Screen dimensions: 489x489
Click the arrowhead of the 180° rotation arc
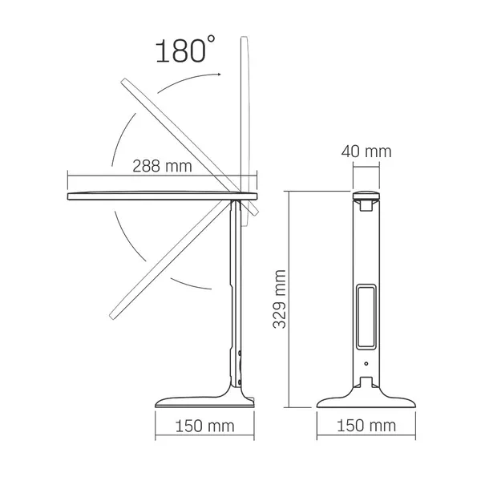pyautogui.click(x=217, y=73)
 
